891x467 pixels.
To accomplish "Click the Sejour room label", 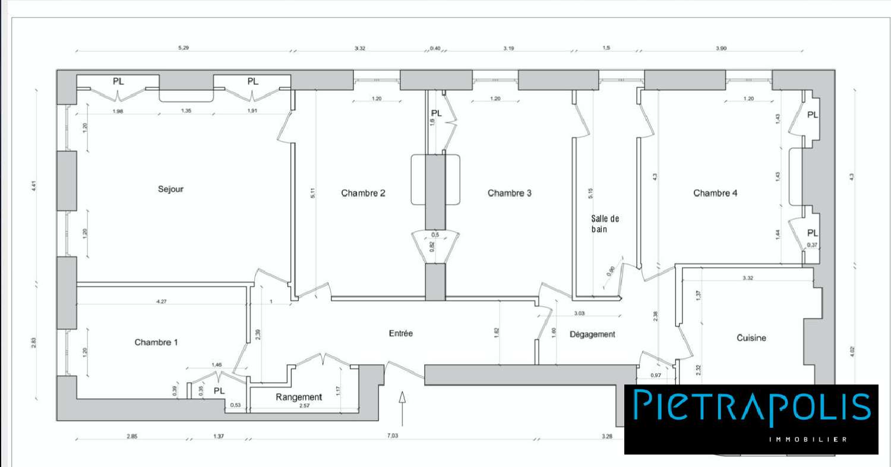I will coord(170,189).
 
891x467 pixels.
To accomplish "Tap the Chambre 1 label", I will coord(156,342).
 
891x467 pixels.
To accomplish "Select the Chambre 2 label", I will coord(363,193).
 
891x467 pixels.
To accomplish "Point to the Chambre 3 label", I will coord(510,193).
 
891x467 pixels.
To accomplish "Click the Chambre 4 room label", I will coord(715,193).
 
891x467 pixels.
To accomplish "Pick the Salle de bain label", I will coord(605,224).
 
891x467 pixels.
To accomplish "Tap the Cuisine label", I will coord(751,338).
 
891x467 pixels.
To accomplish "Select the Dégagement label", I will coord(592,334).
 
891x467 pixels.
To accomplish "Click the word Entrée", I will coord(400,333).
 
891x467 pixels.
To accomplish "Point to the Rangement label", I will coord(298,397).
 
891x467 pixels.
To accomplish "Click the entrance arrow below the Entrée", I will coord(402,407).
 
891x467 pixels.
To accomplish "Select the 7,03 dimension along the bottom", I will coord(393,436).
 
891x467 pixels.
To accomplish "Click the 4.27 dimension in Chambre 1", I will coord(160,301).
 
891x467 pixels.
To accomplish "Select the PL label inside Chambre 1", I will coord(219,391).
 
